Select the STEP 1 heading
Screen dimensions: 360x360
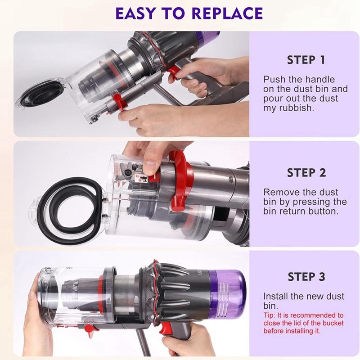click(x=306, y=60)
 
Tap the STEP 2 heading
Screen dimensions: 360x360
click(x=306, y=173)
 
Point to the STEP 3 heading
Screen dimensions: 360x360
click(x=306, y=277)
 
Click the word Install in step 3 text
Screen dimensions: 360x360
click(x=276, y=297)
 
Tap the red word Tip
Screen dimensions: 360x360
click(x=270, y=315)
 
